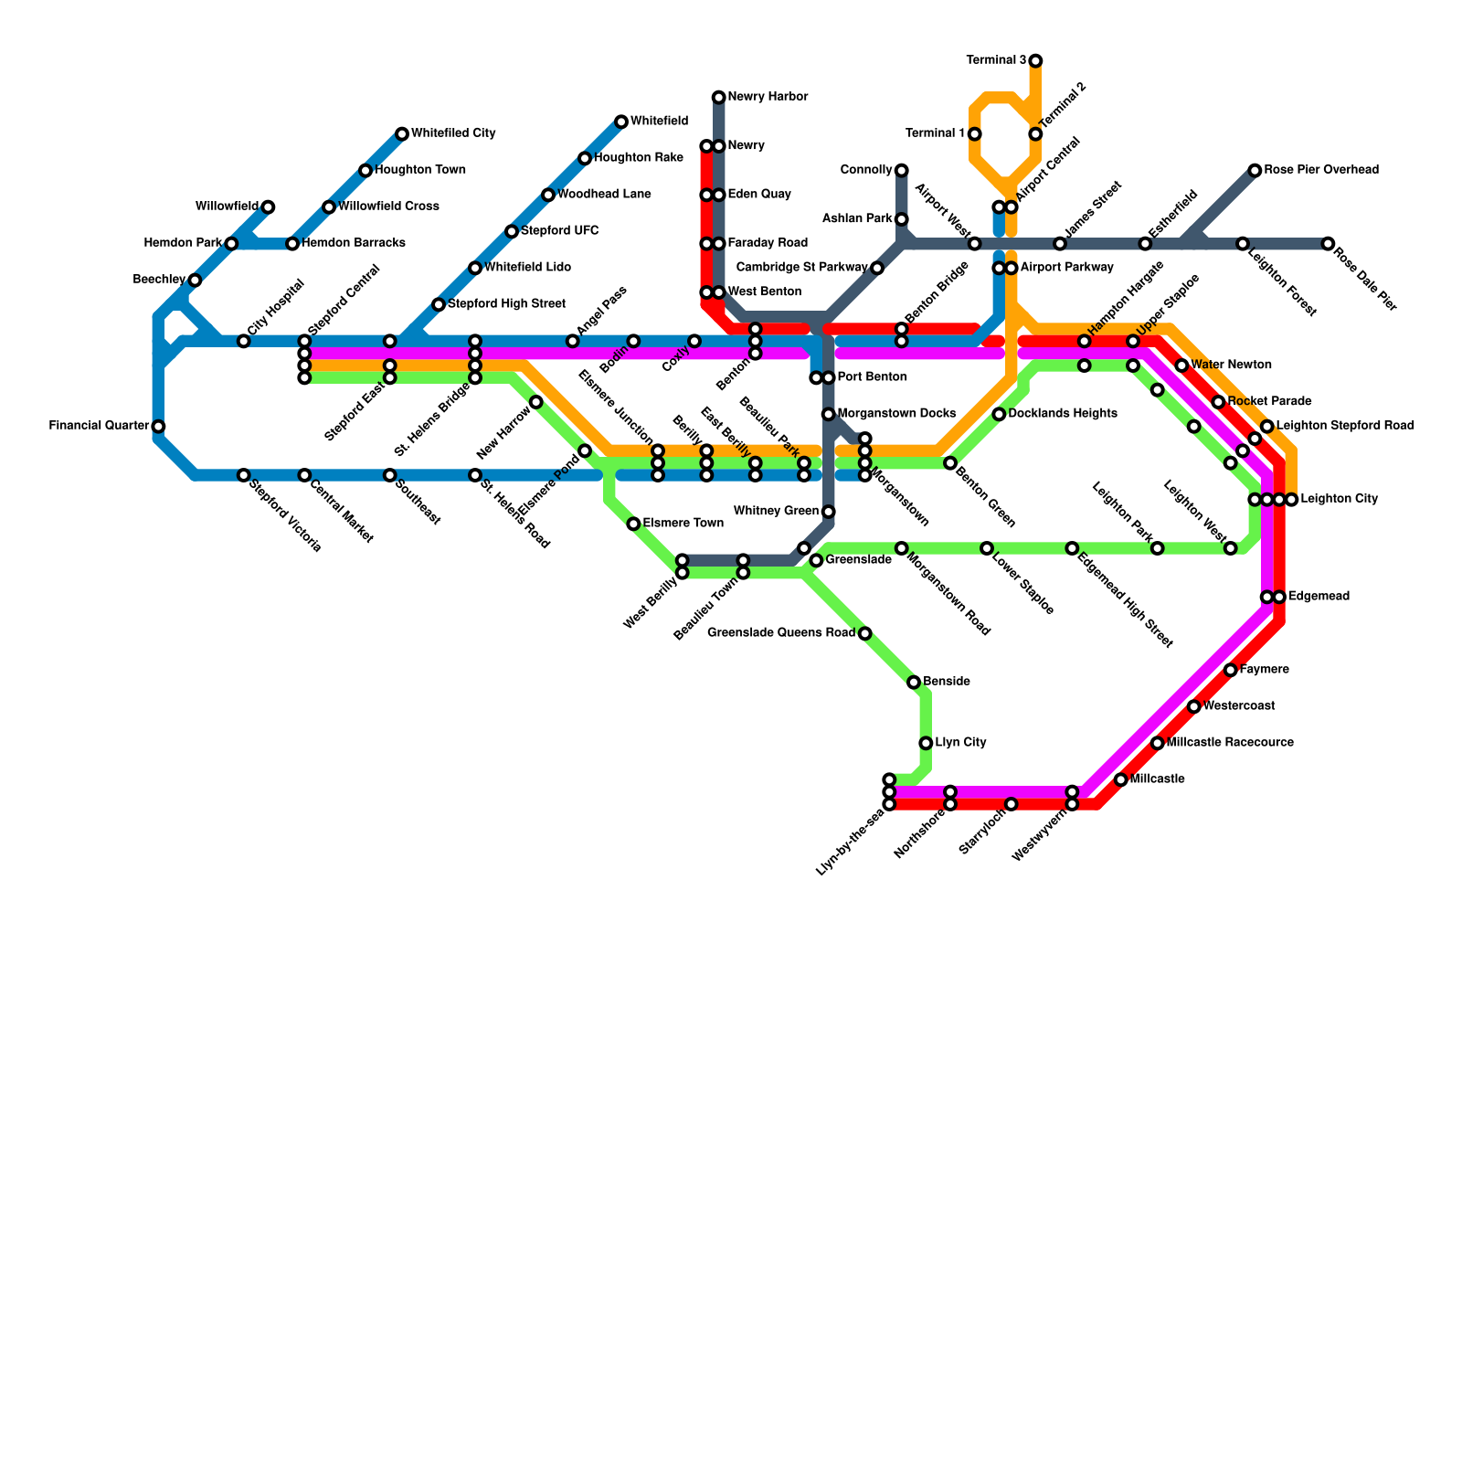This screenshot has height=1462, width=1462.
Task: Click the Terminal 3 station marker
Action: click(1035, 61)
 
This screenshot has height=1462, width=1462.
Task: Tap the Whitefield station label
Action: click(659, 122)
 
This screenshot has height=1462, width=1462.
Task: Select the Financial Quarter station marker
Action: click(158, 427)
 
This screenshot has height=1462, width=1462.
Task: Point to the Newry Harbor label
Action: click(768, 97)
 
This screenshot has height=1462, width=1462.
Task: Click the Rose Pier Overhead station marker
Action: click(1255, 171)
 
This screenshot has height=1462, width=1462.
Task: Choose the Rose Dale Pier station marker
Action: click(1328, 244)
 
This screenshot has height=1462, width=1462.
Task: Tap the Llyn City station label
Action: click(960, 743)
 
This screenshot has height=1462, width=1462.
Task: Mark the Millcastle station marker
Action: click(1121, 779)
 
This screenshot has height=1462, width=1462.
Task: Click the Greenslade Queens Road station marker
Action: click(865, 633)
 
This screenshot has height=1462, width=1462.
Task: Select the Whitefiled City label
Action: click(453, 133)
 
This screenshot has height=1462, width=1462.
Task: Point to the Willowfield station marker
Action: click(268, 207)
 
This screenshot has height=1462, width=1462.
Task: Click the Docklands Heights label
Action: click(1063, 414)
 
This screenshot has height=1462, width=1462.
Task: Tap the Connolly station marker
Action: click(902, 171)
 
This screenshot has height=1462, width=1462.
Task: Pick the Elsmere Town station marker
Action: click(633, 524)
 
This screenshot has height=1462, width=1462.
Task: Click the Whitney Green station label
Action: click(776, 512)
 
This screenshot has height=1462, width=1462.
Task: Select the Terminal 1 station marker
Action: click(975, 134)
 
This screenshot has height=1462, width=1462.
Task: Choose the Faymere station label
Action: click(1265, 670)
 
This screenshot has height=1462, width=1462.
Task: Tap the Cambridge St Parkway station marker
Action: click(877, 268)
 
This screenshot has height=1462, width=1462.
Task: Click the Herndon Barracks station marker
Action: click(292, 244)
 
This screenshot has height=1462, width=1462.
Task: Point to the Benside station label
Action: click(947, 683)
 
